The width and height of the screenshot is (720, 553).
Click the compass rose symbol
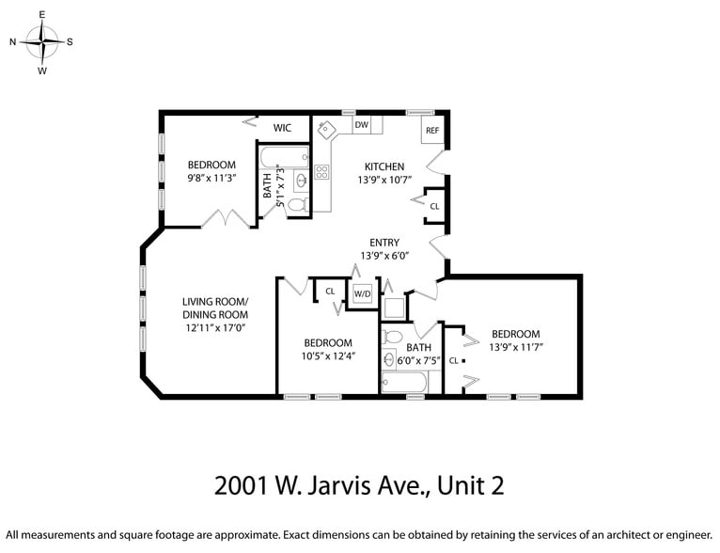42,42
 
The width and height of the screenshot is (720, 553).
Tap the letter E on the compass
42,15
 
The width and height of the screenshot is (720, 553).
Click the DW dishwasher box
361,124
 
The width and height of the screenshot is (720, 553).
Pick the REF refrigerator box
432,131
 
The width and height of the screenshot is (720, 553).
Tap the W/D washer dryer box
362,293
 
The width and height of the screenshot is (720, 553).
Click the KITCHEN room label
383,166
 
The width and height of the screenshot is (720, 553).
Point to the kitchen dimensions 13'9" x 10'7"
383,180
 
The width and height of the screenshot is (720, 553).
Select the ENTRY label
383,243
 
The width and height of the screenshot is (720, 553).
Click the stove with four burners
321,171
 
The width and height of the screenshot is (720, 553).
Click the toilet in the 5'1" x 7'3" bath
296,204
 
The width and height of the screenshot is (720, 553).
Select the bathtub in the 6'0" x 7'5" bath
404,383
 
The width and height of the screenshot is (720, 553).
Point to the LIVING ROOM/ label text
215,302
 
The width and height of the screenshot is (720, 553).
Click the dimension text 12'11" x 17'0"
215,328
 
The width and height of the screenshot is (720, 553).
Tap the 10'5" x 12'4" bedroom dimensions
327,355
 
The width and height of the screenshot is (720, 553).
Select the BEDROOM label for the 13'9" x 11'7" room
516,334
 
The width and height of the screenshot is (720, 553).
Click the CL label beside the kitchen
434,206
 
